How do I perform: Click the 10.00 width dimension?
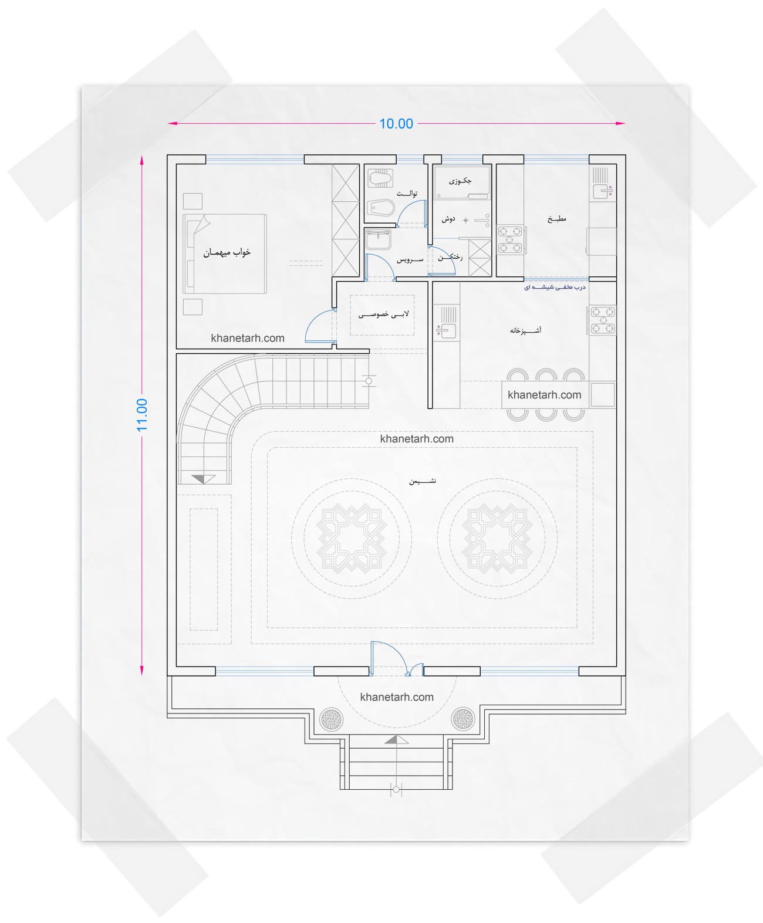tap(396, 123)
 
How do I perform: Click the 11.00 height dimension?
tap(141, 415)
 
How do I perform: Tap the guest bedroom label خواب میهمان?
tap(227, 252)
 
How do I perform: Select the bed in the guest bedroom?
tap(225, 253)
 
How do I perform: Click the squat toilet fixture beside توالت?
tap(380, 178)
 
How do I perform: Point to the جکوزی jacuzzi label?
tap(460, 181)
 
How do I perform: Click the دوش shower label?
tap(448, 219)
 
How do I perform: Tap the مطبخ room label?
tap(556, 218)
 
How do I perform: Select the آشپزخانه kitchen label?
tap(525, 330)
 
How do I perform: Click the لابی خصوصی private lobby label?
tap(383, 315)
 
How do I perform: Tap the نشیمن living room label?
tap(423, 481)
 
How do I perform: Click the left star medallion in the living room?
tap(352, 539)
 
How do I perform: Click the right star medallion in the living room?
tap(497, 539)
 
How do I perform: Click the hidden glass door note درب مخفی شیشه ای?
tap(555, 288)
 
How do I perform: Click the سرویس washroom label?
tap(410, 259)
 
